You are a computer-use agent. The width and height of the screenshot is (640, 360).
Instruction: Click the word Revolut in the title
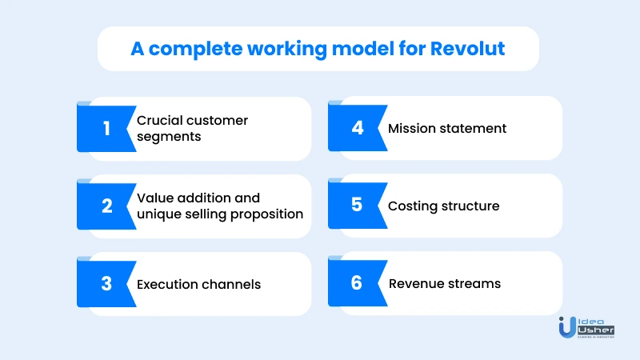(467, 49)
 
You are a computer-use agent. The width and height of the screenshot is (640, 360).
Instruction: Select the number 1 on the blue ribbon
(106, 129)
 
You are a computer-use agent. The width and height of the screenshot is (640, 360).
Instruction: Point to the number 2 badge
(107, 206)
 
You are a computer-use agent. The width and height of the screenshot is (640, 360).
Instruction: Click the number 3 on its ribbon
(106, 283)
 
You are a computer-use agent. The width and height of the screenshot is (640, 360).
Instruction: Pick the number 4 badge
(358, 128)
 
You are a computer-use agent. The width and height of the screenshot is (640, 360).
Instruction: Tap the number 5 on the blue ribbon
(357, 205)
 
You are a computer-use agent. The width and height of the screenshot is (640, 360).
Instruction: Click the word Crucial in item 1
(159, 121)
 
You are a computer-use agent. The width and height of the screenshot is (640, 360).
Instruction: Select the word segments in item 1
(169, 137)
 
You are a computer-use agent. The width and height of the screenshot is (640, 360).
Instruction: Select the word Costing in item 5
(411, 206)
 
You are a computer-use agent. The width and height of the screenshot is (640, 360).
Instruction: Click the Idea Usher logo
(586, 328)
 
